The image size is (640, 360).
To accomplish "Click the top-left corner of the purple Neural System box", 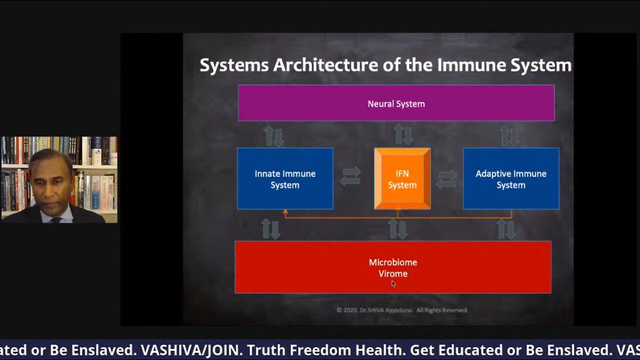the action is click(238, 85).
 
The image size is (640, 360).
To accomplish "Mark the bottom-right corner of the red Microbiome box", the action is click(551, 293).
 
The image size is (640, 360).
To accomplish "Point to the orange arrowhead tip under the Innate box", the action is click(285, 209).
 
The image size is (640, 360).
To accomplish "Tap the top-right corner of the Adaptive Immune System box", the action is click(559, 148).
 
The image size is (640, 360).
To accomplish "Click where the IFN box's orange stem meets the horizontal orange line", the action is click(397, 218).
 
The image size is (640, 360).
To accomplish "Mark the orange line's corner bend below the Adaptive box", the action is click(511, 218).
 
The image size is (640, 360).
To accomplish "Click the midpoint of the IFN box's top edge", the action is click(402, 148).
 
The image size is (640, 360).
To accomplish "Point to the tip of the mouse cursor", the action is click(392, 281).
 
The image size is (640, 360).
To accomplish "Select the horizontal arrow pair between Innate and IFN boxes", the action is click(350, 176).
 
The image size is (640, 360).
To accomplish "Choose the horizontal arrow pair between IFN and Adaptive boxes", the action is click(446, 179).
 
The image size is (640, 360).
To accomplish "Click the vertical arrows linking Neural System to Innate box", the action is click(273, 136).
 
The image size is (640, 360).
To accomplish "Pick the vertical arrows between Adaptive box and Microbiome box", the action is click(506, 229).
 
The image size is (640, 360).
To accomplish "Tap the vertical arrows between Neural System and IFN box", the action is click(403, 134).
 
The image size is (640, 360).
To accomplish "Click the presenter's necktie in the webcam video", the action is click(56, 220).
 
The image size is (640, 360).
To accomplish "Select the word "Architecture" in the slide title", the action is click(325, 65).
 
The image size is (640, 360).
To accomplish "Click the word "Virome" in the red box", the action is click(393, 273).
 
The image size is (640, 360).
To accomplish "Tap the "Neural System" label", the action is click(396, 104).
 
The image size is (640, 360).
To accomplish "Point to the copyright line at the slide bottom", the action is click(401, 310).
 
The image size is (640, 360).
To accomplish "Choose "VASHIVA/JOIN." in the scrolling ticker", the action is click(190, 350).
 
